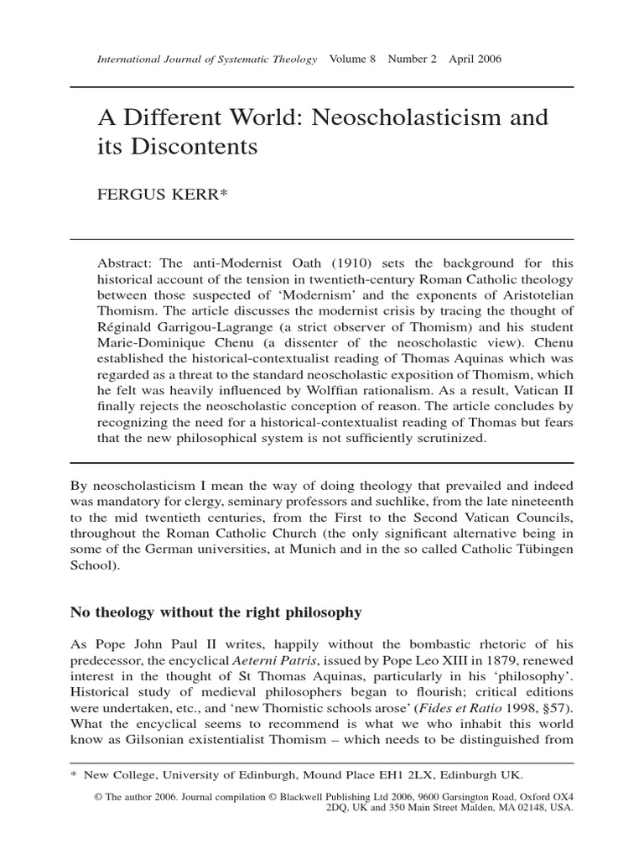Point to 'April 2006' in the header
tap(475, 60)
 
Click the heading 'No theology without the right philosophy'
tap(216, 612)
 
